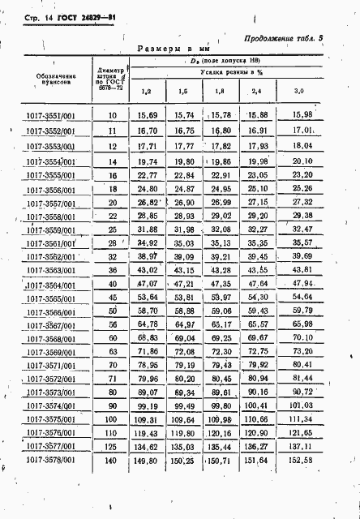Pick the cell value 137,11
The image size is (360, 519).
click(302, 447)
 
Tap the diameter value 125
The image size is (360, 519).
click(112, 447)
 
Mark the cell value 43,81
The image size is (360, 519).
click(302, 270)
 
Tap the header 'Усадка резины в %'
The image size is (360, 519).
click(223, 73)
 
